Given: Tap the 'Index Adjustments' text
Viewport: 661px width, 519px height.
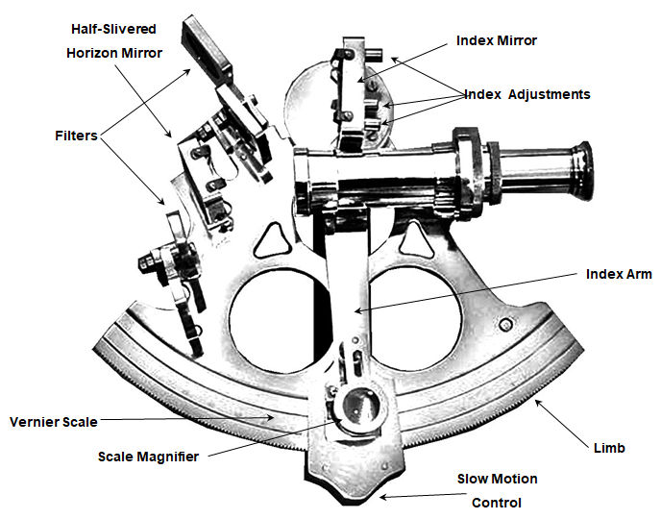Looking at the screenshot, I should [x=526, y=94].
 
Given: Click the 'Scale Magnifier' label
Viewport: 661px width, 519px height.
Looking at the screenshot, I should [x=149, y=457].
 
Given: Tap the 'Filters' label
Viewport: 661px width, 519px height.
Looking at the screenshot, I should [x=76, y=136].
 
